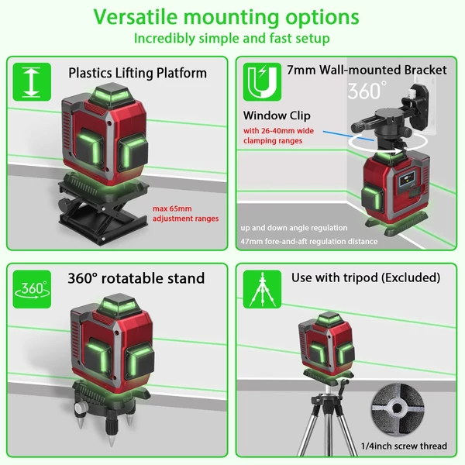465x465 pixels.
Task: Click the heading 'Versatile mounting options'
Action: click(x=226, y=17)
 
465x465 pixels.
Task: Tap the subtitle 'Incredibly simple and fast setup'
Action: click(x=232, y=39)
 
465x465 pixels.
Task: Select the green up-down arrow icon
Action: click(x=32, y=82)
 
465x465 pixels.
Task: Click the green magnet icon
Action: click(x=262, y=82)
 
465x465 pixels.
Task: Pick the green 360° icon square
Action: click(x=32, y=289)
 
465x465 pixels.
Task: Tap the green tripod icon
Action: click(x=262, y=289)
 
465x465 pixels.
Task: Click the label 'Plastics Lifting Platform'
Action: click(x=138, y=73)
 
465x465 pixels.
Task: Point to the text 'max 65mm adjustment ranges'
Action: click(x=186, y=214)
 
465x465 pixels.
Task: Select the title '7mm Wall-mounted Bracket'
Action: click(x=367, y=70)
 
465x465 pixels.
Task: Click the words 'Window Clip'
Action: click(x=277, y=115)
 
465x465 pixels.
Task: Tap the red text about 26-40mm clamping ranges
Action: click(x=278, y=136)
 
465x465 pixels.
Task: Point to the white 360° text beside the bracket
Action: click(x=367, y=90)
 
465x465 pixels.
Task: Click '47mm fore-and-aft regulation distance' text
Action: click(x=309, y=241)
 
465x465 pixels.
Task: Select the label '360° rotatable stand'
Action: click(x=136, y=278)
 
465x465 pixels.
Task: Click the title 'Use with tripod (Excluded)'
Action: click(x=366, y=278)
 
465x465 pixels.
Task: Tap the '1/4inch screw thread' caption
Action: click(x=404, y=446)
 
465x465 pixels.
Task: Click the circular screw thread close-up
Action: click(x=398, y=408)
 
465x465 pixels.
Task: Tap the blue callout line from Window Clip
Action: click(x=348, y=136)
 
